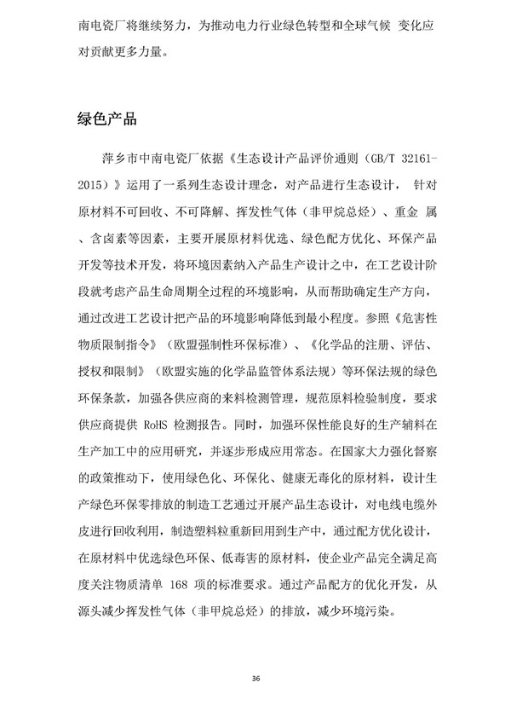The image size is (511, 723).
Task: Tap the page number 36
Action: (x=255, y=678)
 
